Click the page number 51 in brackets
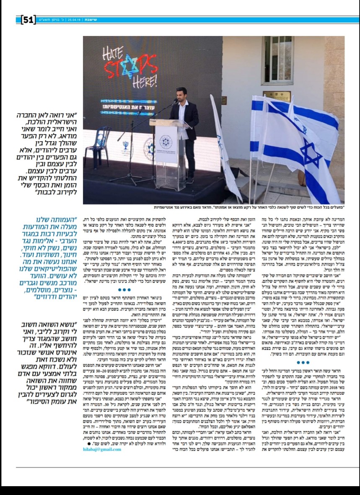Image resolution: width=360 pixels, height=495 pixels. pos(28,19)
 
